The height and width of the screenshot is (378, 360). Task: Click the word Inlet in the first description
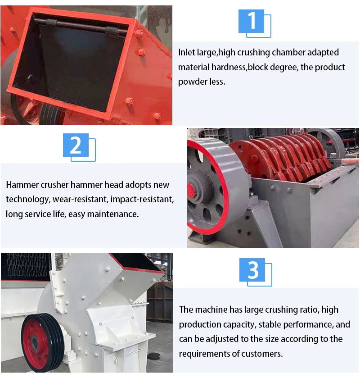[187, 52]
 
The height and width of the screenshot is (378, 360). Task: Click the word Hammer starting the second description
[22, 185]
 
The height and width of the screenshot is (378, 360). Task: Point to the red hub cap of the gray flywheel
[191, 190]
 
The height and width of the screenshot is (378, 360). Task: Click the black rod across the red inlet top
[81, 26]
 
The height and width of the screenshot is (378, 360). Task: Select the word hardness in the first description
[229, 67]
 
